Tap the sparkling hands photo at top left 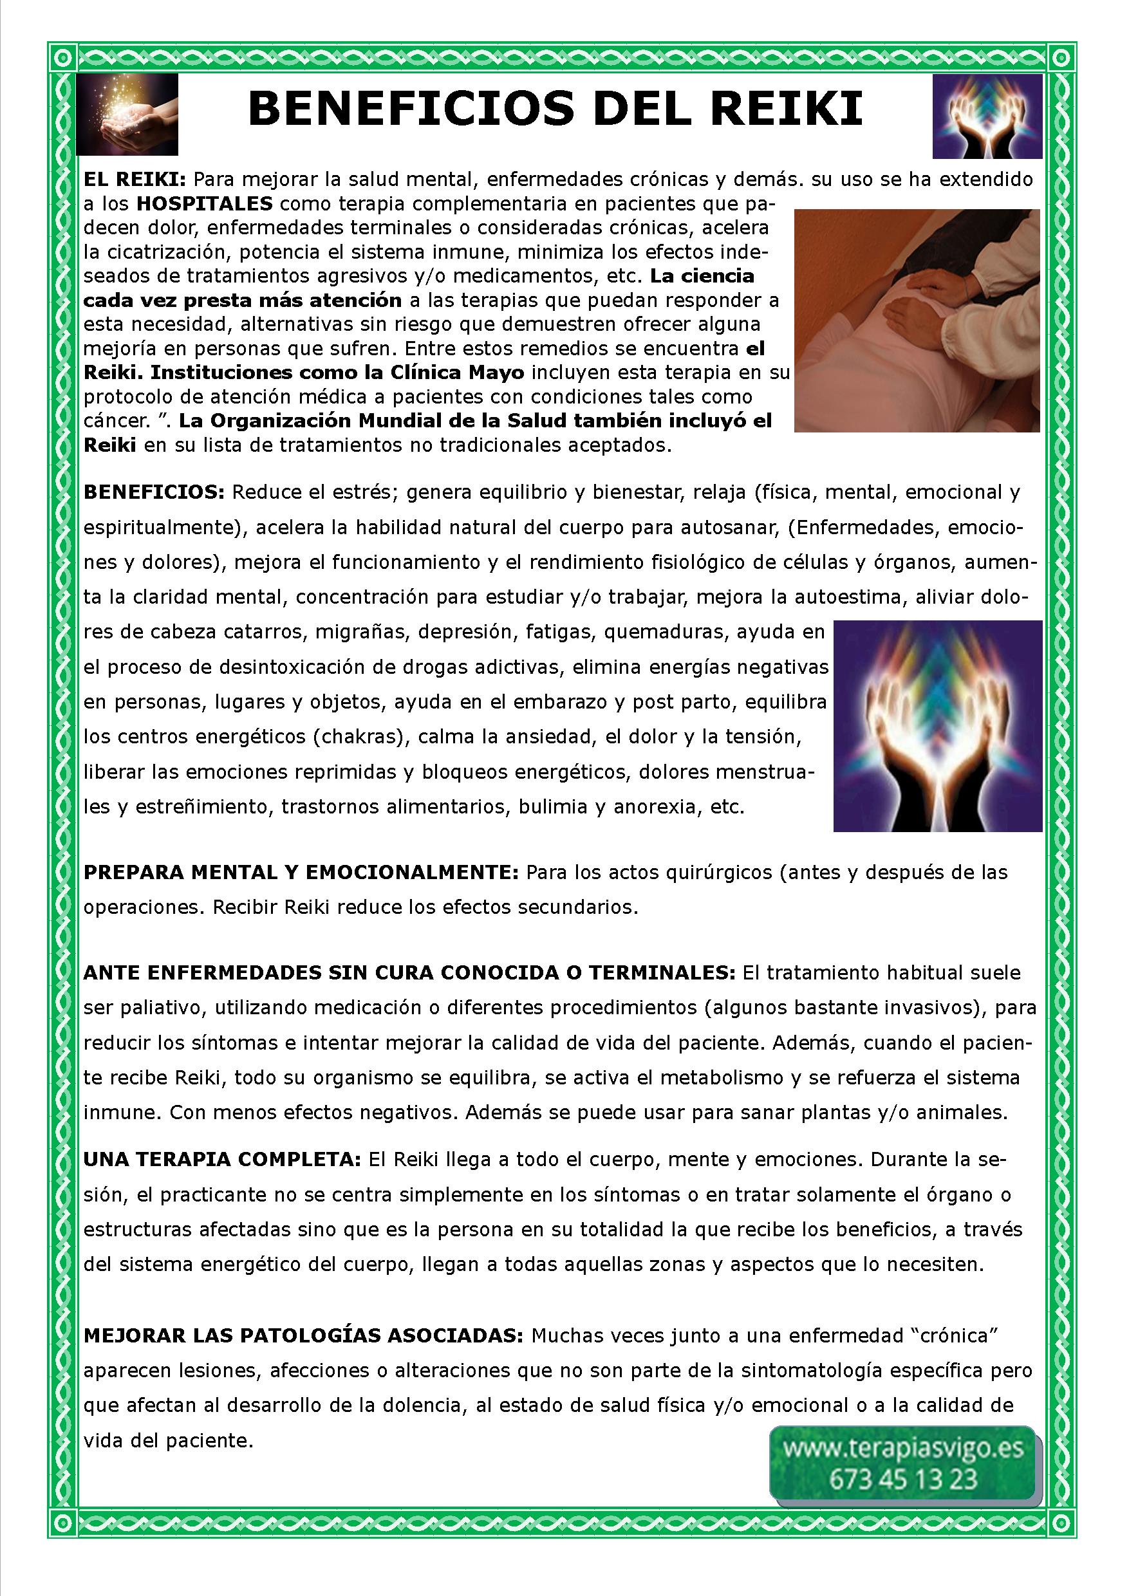coord(127,115)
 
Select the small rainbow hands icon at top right coord(987,116)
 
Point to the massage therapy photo coord(917,320)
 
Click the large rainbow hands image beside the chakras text coord(937,726)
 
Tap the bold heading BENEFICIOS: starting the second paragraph coord(154,493)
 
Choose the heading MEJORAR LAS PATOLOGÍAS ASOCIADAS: coord(303,1336)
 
